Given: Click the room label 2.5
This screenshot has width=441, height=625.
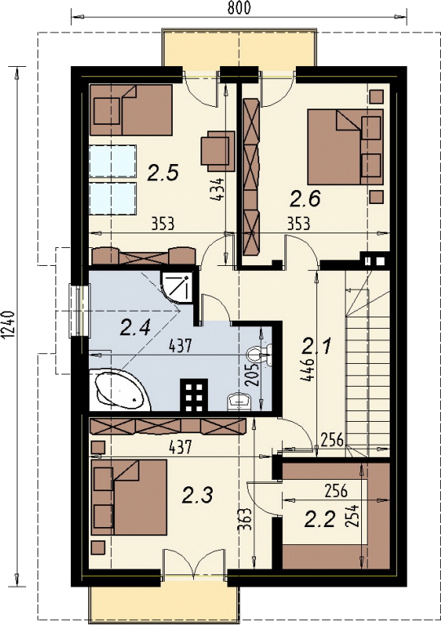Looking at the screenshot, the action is [162, 174].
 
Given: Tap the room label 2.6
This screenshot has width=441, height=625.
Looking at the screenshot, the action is [305, 199].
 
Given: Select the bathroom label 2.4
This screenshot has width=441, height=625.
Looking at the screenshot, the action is [135, 329].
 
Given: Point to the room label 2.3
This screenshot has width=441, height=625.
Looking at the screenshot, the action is [197, 496].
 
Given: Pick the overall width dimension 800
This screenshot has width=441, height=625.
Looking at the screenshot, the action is [239, 8].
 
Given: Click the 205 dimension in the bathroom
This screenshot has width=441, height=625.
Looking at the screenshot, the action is [251, 375].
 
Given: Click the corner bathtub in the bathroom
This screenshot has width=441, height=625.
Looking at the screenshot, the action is [119, 391].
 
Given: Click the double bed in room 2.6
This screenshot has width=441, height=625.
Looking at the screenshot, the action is [345, 146].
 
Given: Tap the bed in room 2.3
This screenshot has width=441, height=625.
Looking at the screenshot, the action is [129, 497].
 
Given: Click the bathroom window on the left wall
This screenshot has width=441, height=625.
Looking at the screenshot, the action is [79, 311].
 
